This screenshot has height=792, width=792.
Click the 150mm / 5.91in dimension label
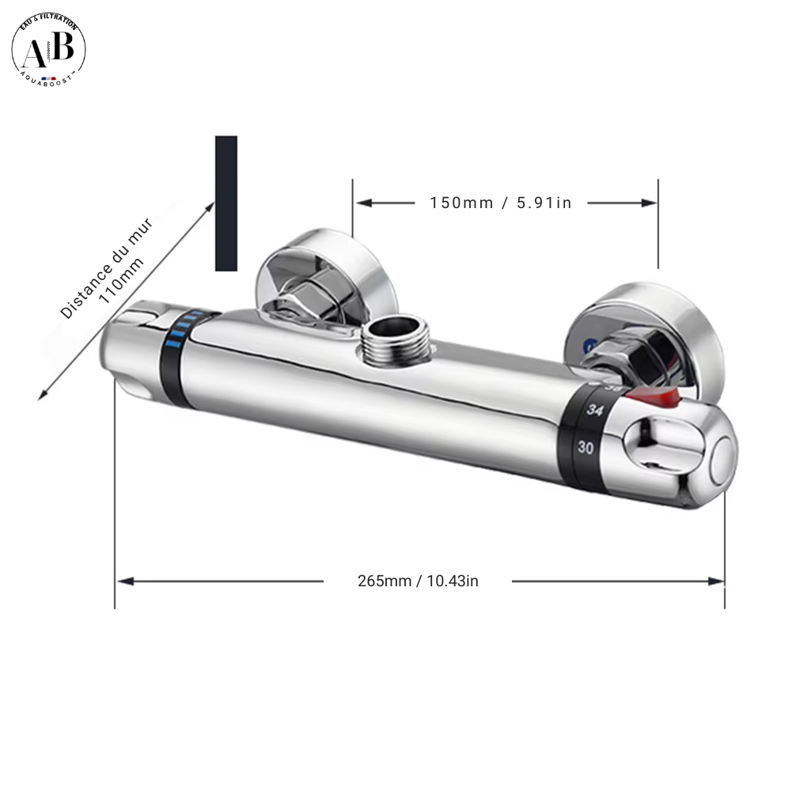point(500,203)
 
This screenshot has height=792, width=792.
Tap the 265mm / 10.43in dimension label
point(418,581)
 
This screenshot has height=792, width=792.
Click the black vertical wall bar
point(226,203)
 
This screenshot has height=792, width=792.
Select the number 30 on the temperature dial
point(585,447)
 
